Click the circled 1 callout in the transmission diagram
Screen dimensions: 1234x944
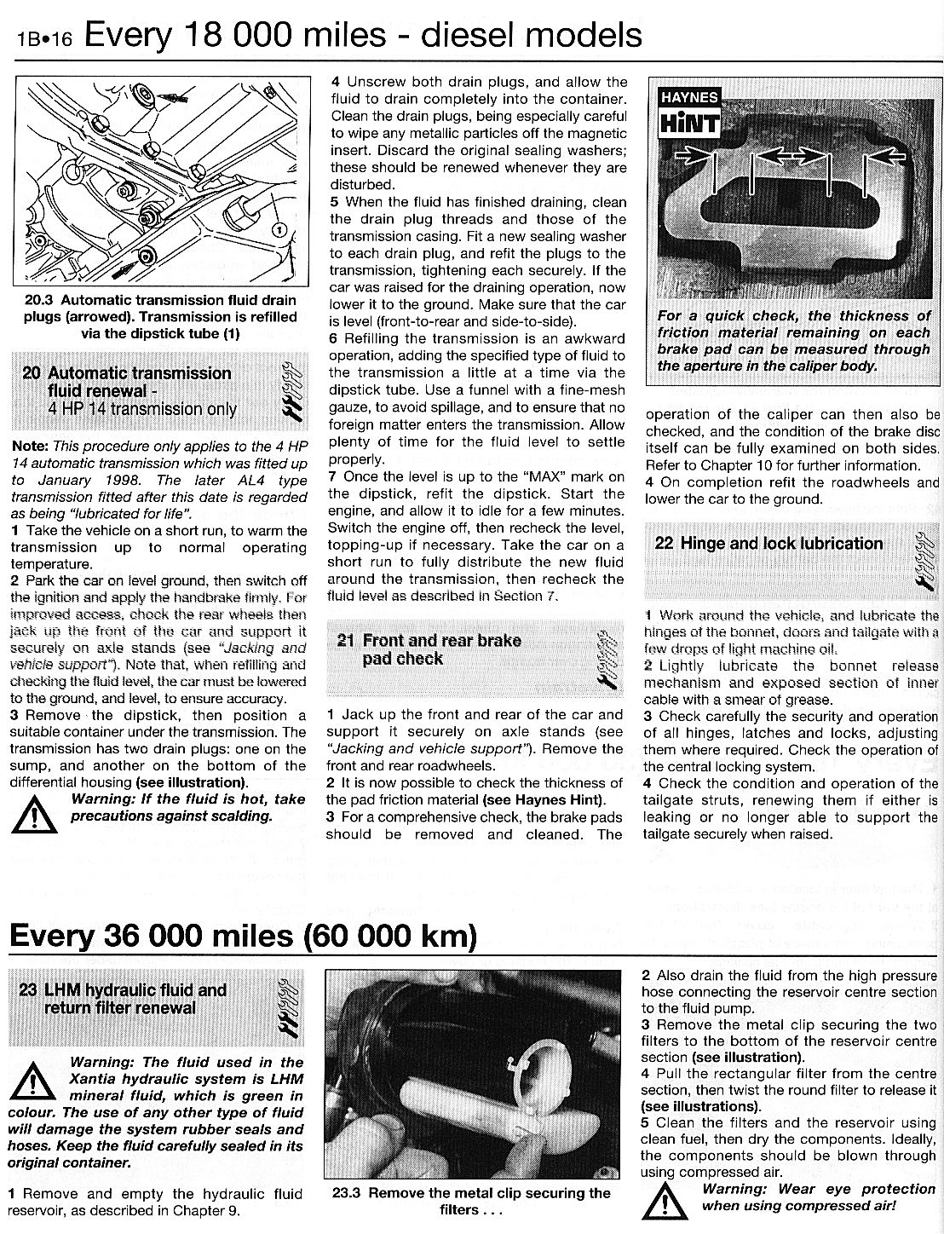(278, 228)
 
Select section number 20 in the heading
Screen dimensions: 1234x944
(32, 373)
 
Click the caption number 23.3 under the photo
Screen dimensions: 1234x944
(348, 1193)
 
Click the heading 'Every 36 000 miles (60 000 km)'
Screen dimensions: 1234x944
(242, 936)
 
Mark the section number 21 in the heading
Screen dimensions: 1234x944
(344, 641)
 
